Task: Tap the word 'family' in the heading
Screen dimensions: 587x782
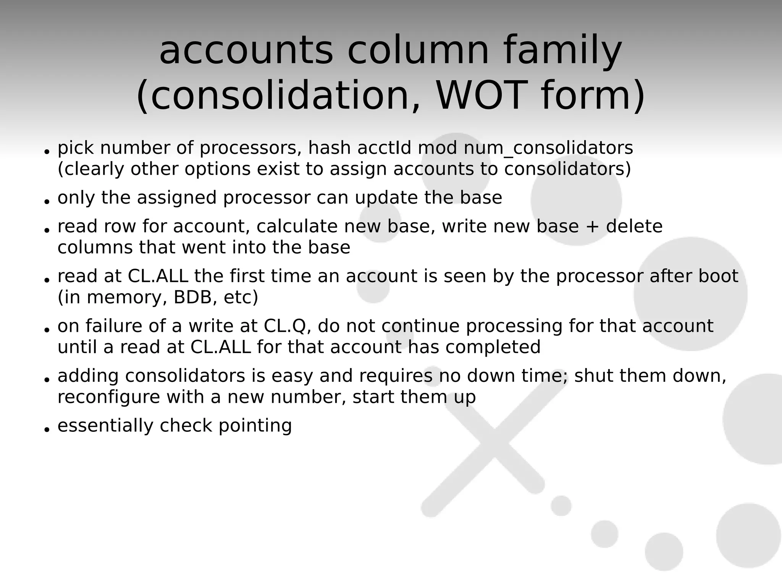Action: (x=563, y=51)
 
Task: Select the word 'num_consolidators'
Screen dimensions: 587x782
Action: (x=548, y=148)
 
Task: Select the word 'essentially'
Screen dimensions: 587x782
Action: (x=105, y=425)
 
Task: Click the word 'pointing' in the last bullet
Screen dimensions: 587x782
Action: (x=255, y=426)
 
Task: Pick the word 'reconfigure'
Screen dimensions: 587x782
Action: (x=108, y=397)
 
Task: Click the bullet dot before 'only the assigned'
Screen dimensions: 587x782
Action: (x=47, y=201)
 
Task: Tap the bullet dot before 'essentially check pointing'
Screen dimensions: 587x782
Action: (x=47, y=430)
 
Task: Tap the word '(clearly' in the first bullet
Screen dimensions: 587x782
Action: (x=91, y=169)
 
